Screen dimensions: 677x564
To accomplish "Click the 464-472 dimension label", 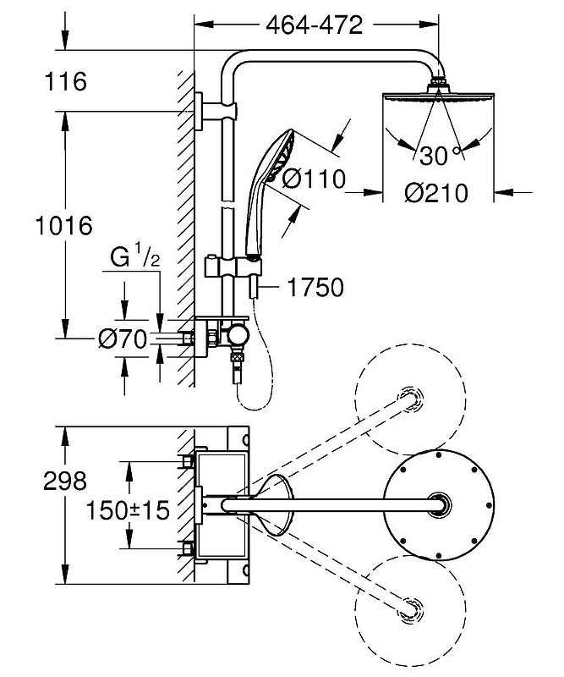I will (314, 25).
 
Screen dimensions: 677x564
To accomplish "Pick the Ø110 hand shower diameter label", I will (313, 179).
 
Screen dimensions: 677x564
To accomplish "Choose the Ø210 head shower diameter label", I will (435, 194).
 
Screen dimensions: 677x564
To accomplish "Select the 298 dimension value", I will (63, 481).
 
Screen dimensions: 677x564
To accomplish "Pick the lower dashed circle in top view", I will (411, 608).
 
